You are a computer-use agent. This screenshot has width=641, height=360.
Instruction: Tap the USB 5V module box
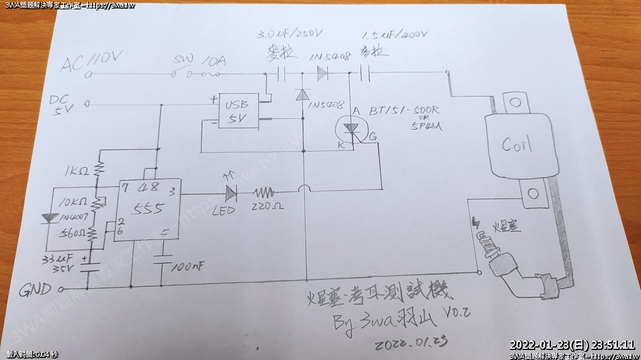(237, 112)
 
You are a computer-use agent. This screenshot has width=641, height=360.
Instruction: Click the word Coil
(517, 145)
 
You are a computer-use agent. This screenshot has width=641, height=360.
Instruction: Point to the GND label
(35, 291)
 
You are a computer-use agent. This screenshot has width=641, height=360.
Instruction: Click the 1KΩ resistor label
(76, 171)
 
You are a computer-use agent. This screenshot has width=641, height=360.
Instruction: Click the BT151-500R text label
(404, 111)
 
